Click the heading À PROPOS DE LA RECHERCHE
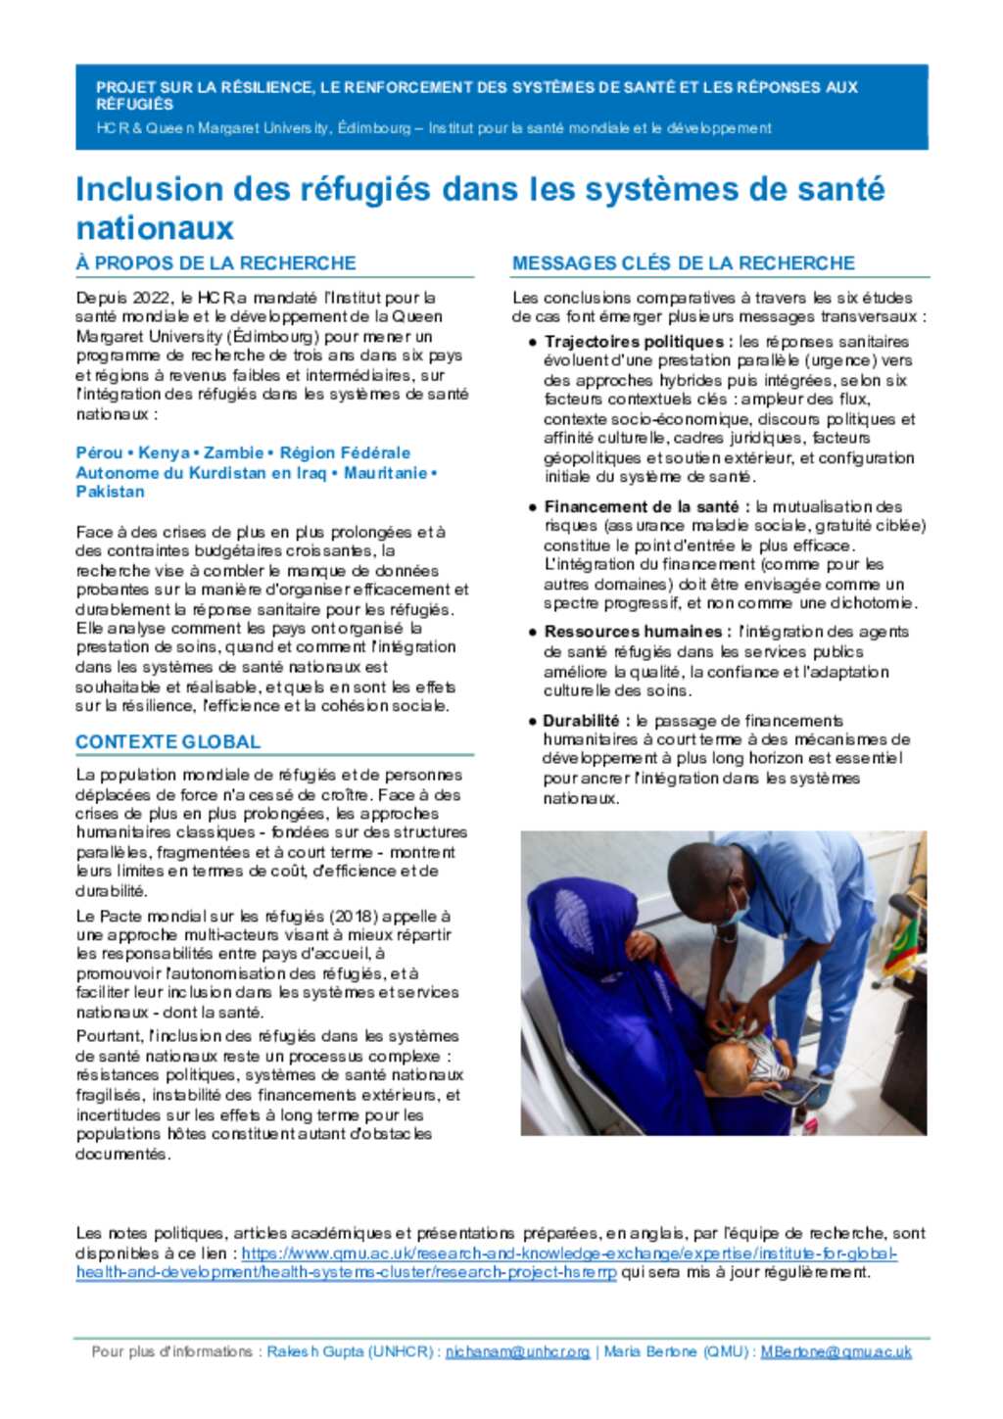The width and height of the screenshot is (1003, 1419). [x=215, y=263]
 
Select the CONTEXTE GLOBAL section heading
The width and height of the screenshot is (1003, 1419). [x=167, y=742]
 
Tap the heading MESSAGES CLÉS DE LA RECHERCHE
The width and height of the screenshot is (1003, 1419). [x=684, y=263]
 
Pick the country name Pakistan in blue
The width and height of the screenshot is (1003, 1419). [x=110, y=492]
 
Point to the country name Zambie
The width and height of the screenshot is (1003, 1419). [x=233, y=453]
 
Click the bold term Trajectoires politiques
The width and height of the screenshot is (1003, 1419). [x=633, y=342]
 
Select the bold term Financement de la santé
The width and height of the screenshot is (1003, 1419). [x=641, y=507]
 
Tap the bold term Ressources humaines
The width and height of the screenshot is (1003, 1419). [x=632, y=633]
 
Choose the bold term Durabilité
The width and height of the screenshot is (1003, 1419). [x=581, y=721]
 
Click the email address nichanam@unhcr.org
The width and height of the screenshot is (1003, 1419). [x=517, y=1352]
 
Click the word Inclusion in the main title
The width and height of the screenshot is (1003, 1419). [x=150, y=189]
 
